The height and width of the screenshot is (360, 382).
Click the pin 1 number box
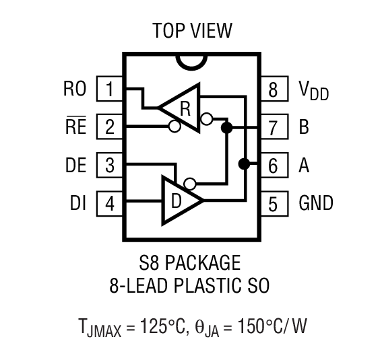pyautogui.click(x=109, y=88)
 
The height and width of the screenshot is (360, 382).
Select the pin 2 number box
pyautogui.click(x=109, y=126)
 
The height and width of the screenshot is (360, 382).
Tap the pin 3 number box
pyautogui.click(x=109, y=164)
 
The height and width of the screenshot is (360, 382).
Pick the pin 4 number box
pyautogui.click(x=109, y=202)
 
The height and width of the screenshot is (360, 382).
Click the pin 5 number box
pyautogui.click(x=273, y=202)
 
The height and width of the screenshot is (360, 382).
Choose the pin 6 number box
pyautogui.click(x=273, y=164)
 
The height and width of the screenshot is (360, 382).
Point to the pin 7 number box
pyautogui.click(x=273, y=126)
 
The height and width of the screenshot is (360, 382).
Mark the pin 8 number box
pyautogui.click(x=273, y=88)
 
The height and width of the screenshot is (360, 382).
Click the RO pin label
pyautogui.click(x=75, y=88)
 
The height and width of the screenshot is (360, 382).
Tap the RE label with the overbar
pyautogui.click(x=76, y=126)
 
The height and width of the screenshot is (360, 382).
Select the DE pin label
pyautogui.click(x=75, y=164)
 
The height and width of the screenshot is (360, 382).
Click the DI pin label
pyautogui.click(x=77, y=202)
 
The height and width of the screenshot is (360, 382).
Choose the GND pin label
pyautogui.click(x=315, y=202)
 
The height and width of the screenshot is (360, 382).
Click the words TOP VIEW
pyautogui.click(x=191, y=31)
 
